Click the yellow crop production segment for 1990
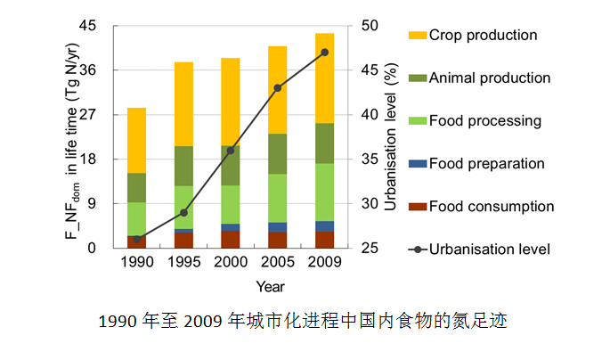point(136,140)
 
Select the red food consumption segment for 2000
point(231,240)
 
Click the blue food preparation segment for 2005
point(278,227)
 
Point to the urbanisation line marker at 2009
point(324,53)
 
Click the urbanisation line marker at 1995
point(183,213)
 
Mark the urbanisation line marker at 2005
point(278,88)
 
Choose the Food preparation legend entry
point(486,164)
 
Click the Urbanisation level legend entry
point(489,250)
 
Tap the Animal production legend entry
point(489,78)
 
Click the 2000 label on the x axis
point(231,263)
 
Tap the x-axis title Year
point(271,286)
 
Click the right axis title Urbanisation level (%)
point(389,137)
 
